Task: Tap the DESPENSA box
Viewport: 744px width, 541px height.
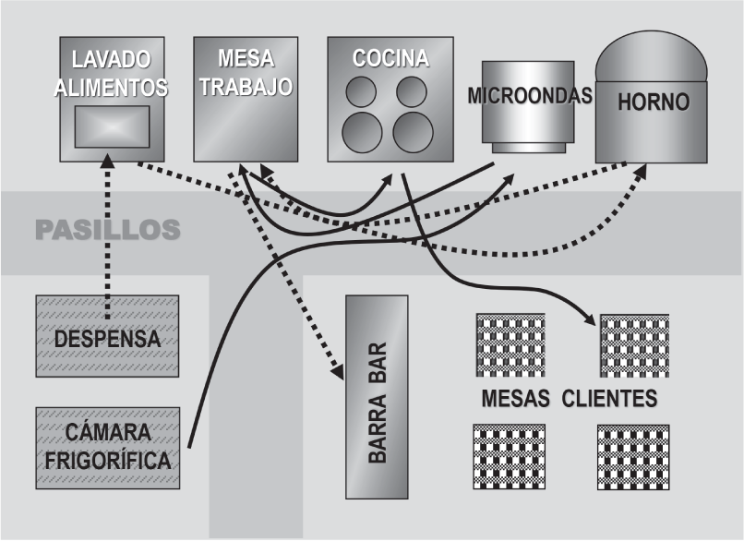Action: coord(107,337)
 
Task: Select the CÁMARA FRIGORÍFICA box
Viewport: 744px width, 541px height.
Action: coord(107,448)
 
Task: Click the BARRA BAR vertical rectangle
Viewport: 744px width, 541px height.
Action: coord(377,397)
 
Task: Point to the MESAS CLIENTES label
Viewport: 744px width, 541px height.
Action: coord(569,400)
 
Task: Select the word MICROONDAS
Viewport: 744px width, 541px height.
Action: coord(529,96)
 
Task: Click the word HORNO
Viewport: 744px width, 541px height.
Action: coord(653,102)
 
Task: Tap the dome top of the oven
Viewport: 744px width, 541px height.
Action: coord(652,60)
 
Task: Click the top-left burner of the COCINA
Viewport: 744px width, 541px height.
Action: coord(361,91)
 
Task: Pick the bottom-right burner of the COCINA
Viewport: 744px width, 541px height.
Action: coord(413,133)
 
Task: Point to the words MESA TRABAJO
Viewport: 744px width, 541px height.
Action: coord(246,73)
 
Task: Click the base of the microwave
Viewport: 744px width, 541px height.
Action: coord(527,148)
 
